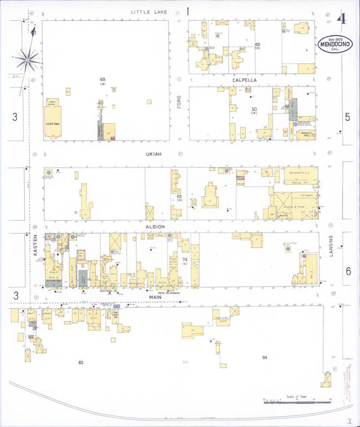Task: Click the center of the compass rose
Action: [x=27, y=61]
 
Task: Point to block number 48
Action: [x=103, y=80]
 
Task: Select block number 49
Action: [x=257, y=45]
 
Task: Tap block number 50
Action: [x=255, y=109]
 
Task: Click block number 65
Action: [x=180, y=196]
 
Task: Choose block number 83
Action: [x=80, y=363]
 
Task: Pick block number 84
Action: [x=265, y=357]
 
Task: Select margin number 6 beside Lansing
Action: [x=348, y=271]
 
